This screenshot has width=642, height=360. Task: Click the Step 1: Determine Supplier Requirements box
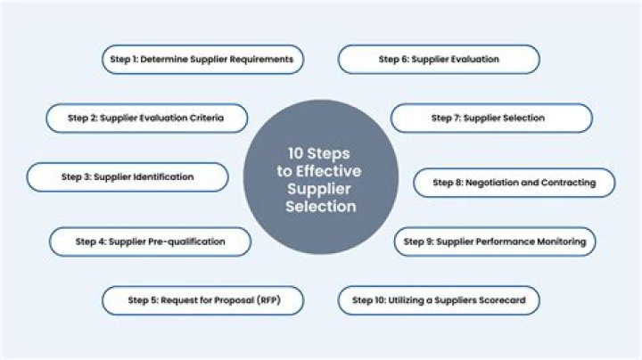tap(201, 60)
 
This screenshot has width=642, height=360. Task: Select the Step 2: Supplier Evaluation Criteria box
tap(147, 118)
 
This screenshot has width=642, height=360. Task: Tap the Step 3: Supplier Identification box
tap(128, 176)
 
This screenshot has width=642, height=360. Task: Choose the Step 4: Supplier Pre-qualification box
tap(150, 241)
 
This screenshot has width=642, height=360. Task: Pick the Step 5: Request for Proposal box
tap(202, 300)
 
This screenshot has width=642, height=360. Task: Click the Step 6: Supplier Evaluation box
tap(439, 60)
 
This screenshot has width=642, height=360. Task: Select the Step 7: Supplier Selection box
tap(491, 118)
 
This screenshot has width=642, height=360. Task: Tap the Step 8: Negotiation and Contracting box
tap(514, 183)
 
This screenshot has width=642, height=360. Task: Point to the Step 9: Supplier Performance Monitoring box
tap(495, 241)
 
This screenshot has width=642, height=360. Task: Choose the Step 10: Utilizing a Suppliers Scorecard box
tap(440, 300)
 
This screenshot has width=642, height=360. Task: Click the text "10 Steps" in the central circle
tap(321, 152)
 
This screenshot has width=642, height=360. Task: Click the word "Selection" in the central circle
tap(321, 207)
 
